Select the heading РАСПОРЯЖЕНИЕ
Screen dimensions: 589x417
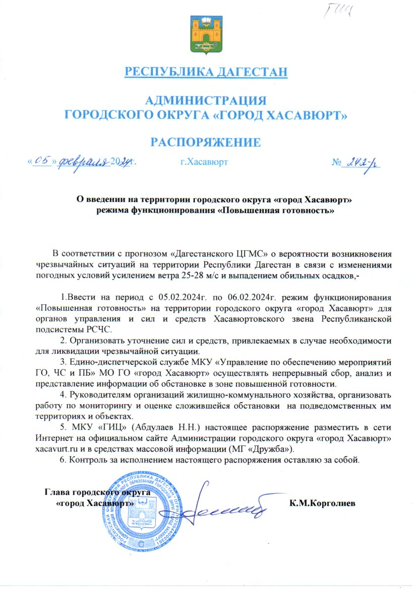pos(207,142)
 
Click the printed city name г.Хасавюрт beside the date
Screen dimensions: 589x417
pos(204,162)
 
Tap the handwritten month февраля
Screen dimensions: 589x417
pos(84,161)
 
